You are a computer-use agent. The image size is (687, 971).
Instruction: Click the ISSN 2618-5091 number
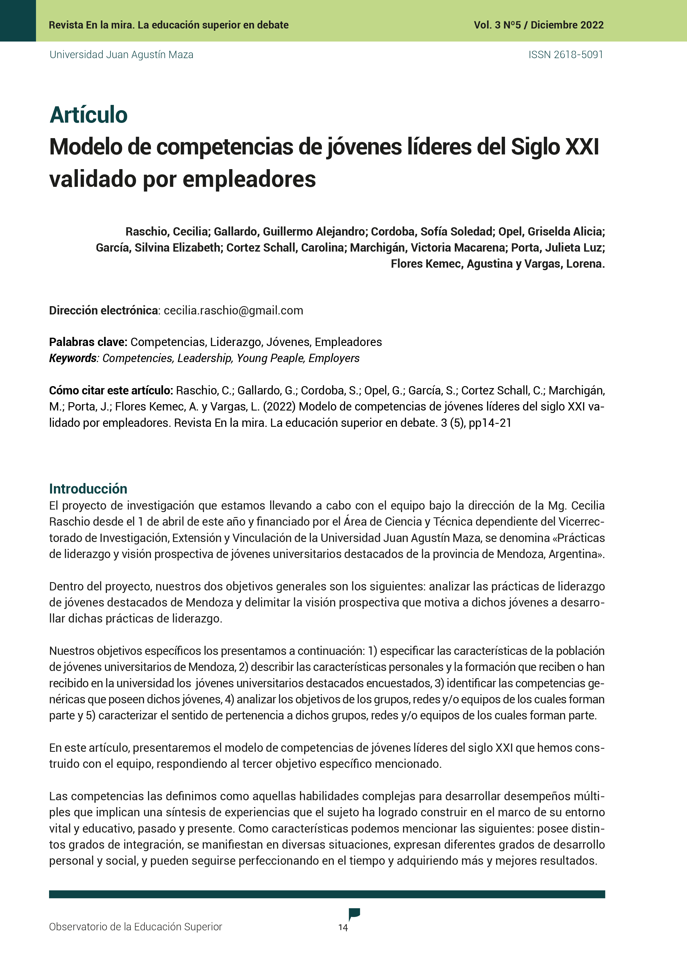(x=565, y=55)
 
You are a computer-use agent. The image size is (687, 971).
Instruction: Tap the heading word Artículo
(x=88, y=115)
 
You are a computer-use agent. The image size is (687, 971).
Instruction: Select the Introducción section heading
(x=88, y=489)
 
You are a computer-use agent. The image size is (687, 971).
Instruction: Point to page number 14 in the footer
(x=343, y=928)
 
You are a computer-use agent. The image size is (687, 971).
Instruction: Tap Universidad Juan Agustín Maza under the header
(x=122, y=55)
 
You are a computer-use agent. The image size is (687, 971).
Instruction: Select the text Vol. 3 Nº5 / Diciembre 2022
(x=539, y=25)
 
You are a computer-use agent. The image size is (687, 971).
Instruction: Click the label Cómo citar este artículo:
(x=111, y=390)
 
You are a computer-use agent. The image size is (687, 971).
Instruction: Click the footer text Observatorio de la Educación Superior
(x=135, y=927)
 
